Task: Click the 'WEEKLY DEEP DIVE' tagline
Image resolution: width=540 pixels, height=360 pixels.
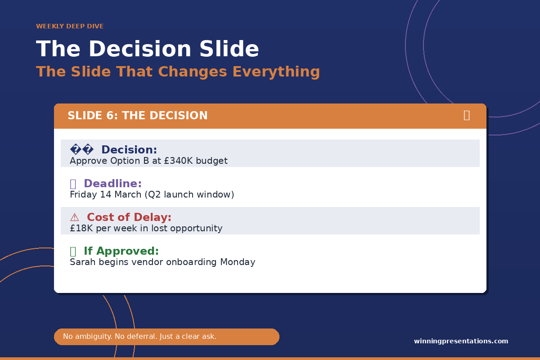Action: [x=70, y=26]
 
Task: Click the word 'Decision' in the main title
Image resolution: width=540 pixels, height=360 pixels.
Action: [x=140, y=49]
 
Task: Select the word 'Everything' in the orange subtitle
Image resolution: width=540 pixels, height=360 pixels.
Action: [x=276, y=72]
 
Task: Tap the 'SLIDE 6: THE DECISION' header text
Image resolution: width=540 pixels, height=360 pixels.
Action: [x=137, y=116]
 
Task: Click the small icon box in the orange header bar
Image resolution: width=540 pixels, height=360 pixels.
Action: [x=467, y=116]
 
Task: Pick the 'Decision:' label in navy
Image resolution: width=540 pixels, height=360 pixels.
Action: [x=129, y=150]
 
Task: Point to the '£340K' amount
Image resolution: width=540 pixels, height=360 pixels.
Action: [x=178, y=161]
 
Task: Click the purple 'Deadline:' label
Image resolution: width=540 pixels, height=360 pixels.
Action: [x=112, y=184]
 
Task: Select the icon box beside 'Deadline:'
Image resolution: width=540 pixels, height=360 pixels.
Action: [x=73, y=184]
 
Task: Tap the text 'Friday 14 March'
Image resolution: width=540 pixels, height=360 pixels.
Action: [x=106, y=194]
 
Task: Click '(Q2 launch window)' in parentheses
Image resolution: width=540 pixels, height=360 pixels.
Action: [x=189, y=194]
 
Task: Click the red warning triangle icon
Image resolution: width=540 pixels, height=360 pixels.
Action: [x=75, y=217]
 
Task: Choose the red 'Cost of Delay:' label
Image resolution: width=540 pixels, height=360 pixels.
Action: [x=129, y=217]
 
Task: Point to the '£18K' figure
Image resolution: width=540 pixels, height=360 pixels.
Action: [x=81, y=228]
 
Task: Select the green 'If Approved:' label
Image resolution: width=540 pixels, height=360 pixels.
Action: [x=121, y=251]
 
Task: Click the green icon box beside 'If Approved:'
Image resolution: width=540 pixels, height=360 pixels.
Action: [x=73, y=252]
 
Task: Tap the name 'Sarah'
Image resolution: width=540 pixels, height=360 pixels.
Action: [x=83, y=262]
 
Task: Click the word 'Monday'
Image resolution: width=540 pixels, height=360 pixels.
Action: [x=238, y=262]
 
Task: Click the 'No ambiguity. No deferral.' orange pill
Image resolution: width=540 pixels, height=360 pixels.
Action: [x=166, y=337]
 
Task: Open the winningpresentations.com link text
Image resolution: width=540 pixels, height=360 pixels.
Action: [x=461, y=341]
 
